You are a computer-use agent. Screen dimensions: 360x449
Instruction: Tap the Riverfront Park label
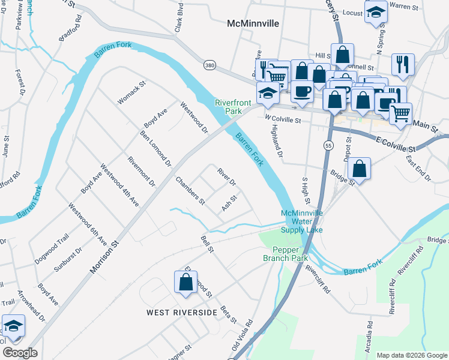pyautogui.click(x=229, y=107)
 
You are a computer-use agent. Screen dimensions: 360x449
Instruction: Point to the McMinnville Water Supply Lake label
pyautogui.click(x=302, y=221)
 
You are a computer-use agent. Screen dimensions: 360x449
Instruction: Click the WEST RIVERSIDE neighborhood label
pyautogui.click(x=182, y=313)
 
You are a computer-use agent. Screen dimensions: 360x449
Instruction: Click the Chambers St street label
pyautogui.click(x=190, y=190)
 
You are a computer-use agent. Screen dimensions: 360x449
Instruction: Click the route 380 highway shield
pyautogui.click(x=209, y=65)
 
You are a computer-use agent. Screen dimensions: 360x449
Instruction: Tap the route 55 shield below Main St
pyautogui.click(x=328, y=146)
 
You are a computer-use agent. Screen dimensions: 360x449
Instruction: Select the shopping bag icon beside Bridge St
pyautogui.click(x=359, y=169)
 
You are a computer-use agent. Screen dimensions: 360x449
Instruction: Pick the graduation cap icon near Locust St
pyautogui.click(x=376, y=13)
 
